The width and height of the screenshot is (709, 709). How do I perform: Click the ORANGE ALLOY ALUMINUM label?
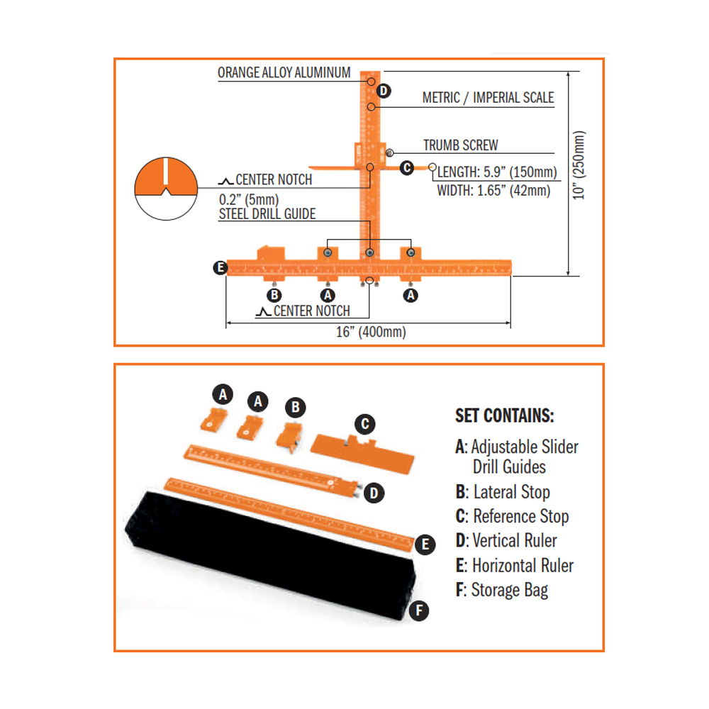pos(284,73)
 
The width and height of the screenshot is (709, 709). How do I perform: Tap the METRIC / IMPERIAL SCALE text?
pos(488,98)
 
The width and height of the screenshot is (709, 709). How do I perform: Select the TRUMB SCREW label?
pos(460,145)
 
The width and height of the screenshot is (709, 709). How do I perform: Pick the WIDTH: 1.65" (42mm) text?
pos(493,190)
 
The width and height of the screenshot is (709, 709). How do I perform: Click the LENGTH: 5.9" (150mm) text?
pos(497,172)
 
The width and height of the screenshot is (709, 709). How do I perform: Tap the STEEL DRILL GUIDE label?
pos(267,213)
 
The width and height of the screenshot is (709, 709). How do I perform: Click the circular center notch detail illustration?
pos(164,188)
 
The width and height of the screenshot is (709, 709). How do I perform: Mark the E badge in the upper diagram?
pos(220,267)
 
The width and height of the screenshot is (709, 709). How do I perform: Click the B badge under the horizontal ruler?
pos(274,295)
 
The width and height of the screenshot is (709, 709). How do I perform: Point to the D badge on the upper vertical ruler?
pos(383,91)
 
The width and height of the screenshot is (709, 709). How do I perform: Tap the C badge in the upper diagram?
pos(406,168)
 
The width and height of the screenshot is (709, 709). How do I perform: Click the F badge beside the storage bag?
pos(420,609)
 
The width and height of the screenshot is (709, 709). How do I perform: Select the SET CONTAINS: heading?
pos(504,415)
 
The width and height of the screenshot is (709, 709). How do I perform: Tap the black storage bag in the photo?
pos(269,560)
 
